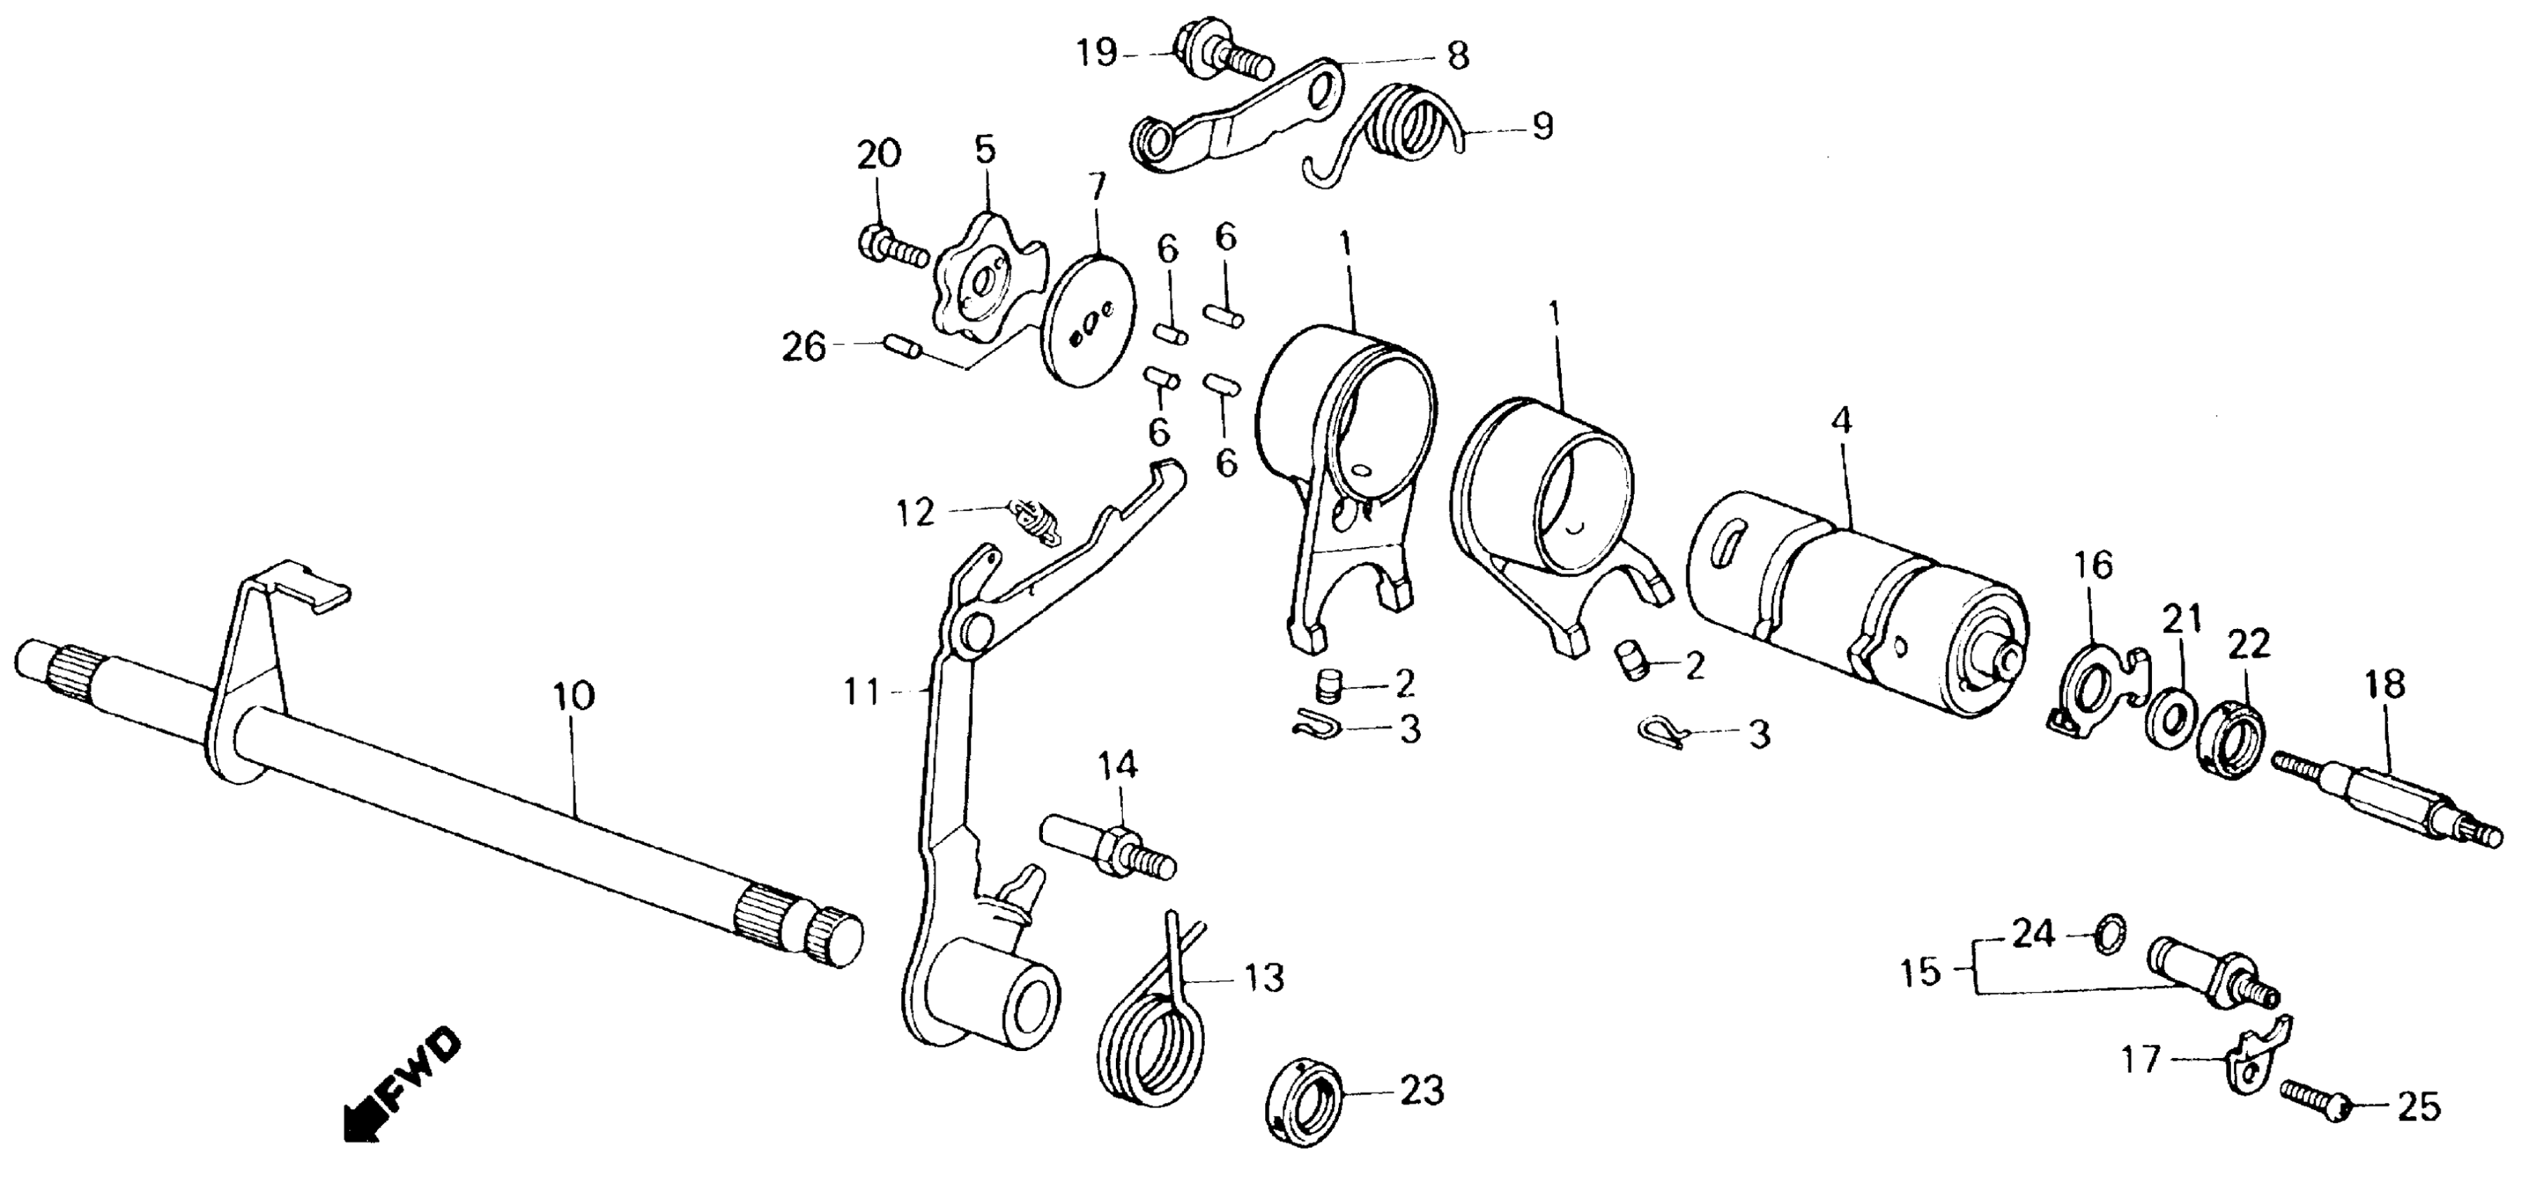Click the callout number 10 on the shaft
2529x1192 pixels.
tap(574, 697)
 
